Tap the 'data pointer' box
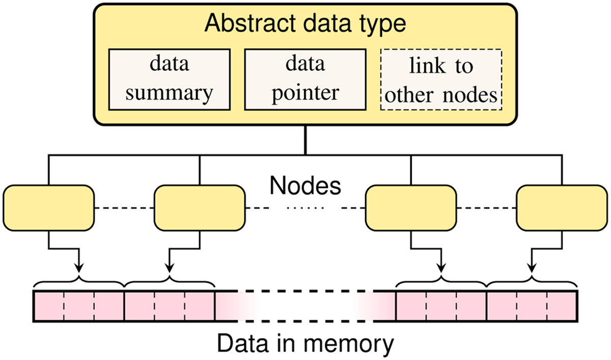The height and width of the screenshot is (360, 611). click(x=304, y=79)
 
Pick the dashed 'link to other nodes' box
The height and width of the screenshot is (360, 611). click(x=441, y=79)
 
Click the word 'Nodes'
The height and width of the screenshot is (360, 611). click(x=305, y=186)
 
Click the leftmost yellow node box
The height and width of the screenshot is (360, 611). click(x=48, y=208)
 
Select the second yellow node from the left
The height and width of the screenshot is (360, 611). click(x=199, y=208)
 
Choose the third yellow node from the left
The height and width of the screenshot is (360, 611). click(x=411, y=208)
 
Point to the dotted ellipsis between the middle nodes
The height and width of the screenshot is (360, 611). click(x=305, y=208)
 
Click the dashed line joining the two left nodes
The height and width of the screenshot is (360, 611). click(x=124, y=208)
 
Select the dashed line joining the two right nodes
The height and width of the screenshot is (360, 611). click(x=486, y=208)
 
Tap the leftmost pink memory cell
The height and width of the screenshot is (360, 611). click(x=49, y=307)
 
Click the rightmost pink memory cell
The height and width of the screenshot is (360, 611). click(x=562, y=307)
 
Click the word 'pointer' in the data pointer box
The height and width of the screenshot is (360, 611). click(x=304, y=93)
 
